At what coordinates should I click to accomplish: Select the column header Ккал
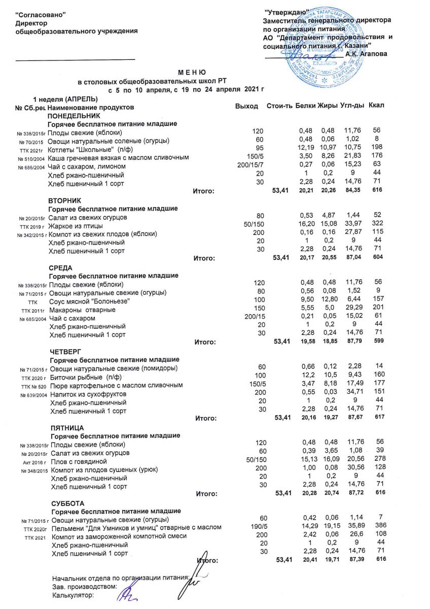pos(377,106)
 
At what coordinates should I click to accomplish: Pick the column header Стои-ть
pos(279,106)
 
